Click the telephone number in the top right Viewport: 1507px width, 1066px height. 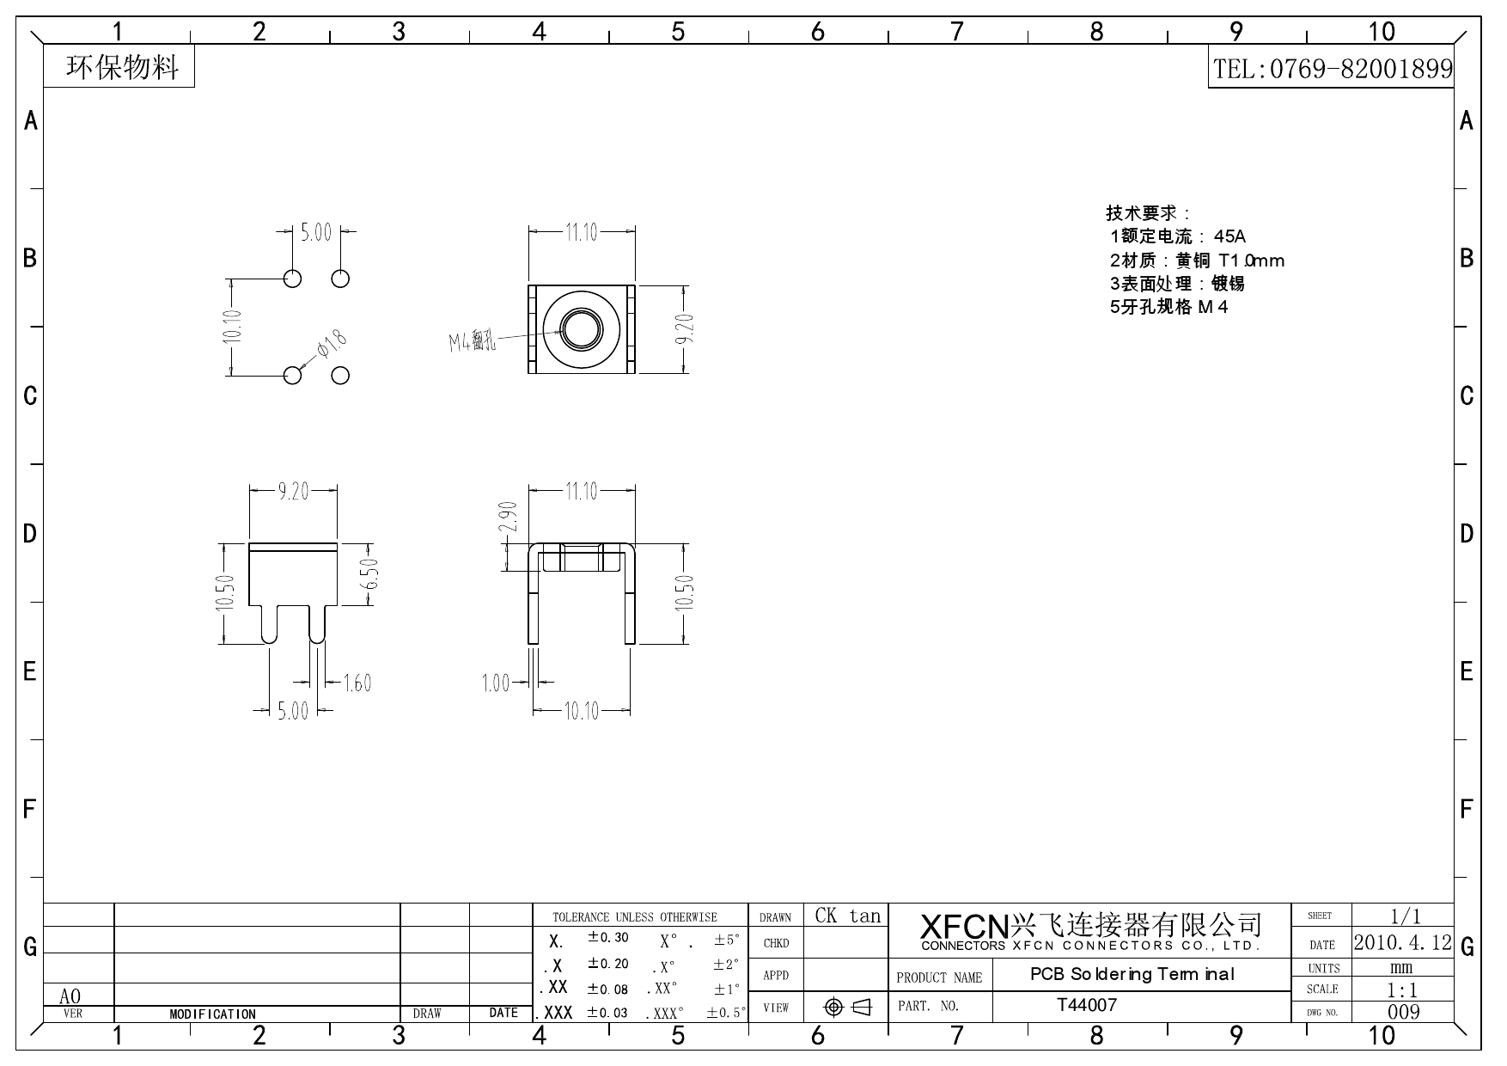coord(1332,69)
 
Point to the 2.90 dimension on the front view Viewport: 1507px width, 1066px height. coord(508,517)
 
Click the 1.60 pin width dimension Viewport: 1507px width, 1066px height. coord(357,683)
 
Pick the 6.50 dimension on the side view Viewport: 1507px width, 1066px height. coord(370,574)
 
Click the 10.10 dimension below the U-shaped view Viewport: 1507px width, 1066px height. coord(581,711)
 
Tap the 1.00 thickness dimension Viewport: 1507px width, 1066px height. coord(496,683)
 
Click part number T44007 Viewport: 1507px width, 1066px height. coord(1087,1005)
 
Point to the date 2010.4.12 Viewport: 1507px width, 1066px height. coord(1402,942)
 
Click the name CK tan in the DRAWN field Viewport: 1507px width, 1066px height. coord(847,916)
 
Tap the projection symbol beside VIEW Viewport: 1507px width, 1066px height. coord(847,1007)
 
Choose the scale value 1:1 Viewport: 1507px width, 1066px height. coord(1402,989)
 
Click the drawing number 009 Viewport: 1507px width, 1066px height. coord(1403,1012)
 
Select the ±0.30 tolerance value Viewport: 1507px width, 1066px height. coord(607,938)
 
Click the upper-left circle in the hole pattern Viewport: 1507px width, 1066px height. coord(292,279)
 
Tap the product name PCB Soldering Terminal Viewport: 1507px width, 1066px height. coord(1132,975)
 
